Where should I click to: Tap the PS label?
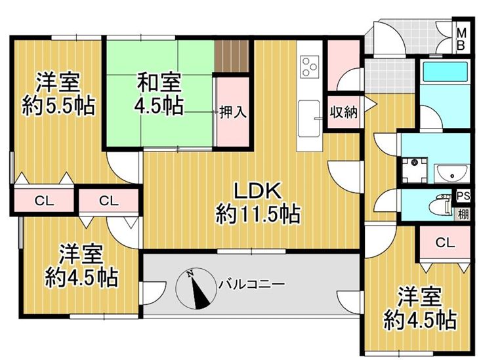tap(463, 196)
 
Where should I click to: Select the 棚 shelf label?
tap(463, 214)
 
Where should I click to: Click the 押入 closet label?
tap(233, 112)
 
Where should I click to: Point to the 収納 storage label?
tap(344, 112)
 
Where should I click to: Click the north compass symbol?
tap(196, 289)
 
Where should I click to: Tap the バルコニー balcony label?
tap(251, 285)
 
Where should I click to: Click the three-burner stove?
tap(310, 66)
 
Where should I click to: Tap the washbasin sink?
tap(451, 173)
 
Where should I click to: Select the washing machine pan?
tap(415, 170)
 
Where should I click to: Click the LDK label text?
tap(257, 191)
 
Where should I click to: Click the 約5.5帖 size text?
tap(58, 106)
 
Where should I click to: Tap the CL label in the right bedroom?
tap(445, 243)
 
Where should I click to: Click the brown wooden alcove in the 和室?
tap(232, 56)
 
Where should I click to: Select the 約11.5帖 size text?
tap(258, 214)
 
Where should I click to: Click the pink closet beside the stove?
tap(343, 65)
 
